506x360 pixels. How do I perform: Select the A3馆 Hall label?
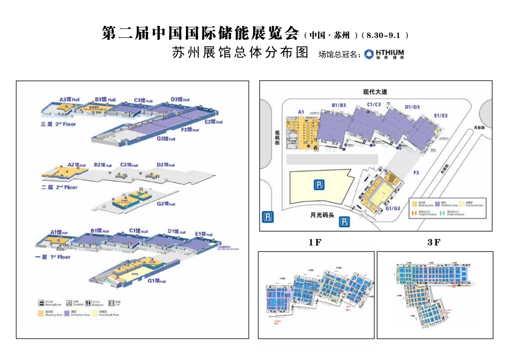(x=70, y=99)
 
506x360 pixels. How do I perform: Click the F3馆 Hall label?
(x=190, y=129)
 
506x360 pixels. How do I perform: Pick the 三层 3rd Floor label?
(x=59, y=124)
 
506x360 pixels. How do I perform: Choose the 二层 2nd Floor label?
(x=60, y=187)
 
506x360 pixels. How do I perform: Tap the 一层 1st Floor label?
(x=52, y=257)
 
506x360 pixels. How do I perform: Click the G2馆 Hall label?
(x=166, y=203)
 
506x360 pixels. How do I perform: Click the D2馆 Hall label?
(x=166, y=165)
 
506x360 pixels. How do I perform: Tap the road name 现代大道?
(x=375, y=92)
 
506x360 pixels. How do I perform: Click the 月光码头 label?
(x=322, y=215)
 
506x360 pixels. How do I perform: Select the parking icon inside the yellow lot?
(x=319, y=186)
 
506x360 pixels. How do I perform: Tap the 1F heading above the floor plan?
(x=315, y=242)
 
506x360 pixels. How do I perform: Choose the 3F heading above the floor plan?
(x=434, y=242)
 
